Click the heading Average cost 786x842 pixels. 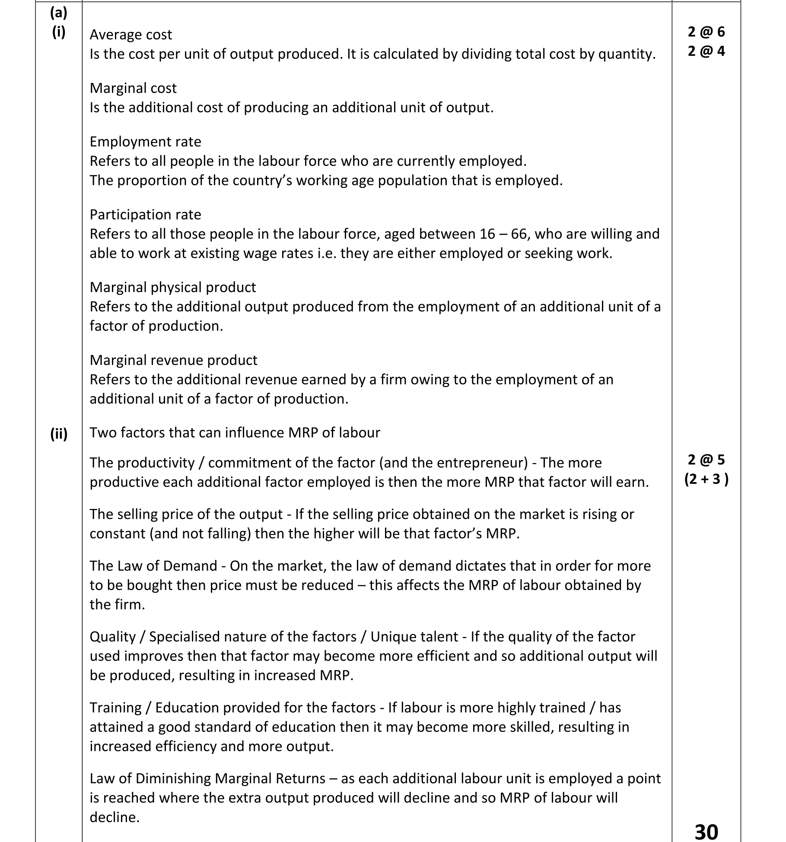(130, 35)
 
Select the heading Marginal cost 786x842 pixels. (133, 88)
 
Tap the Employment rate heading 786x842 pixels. (145, 142)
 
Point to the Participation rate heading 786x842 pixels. (145, 215)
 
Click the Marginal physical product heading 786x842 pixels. (173, 287)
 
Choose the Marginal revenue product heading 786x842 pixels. (173, 360)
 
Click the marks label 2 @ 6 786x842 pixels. (706, 32)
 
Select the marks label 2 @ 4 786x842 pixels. (706, 51)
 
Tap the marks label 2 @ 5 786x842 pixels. (706, 460)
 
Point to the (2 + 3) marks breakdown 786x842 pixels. (706, 479)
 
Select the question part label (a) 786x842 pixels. (59, 13)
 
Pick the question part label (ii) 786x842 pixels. (59, 433)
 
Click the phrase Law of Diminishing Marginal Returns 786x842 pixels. (207, 778)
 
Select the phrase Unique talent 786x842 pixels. (414, 637)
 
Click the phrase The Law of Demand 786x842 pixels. (153, 566)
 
